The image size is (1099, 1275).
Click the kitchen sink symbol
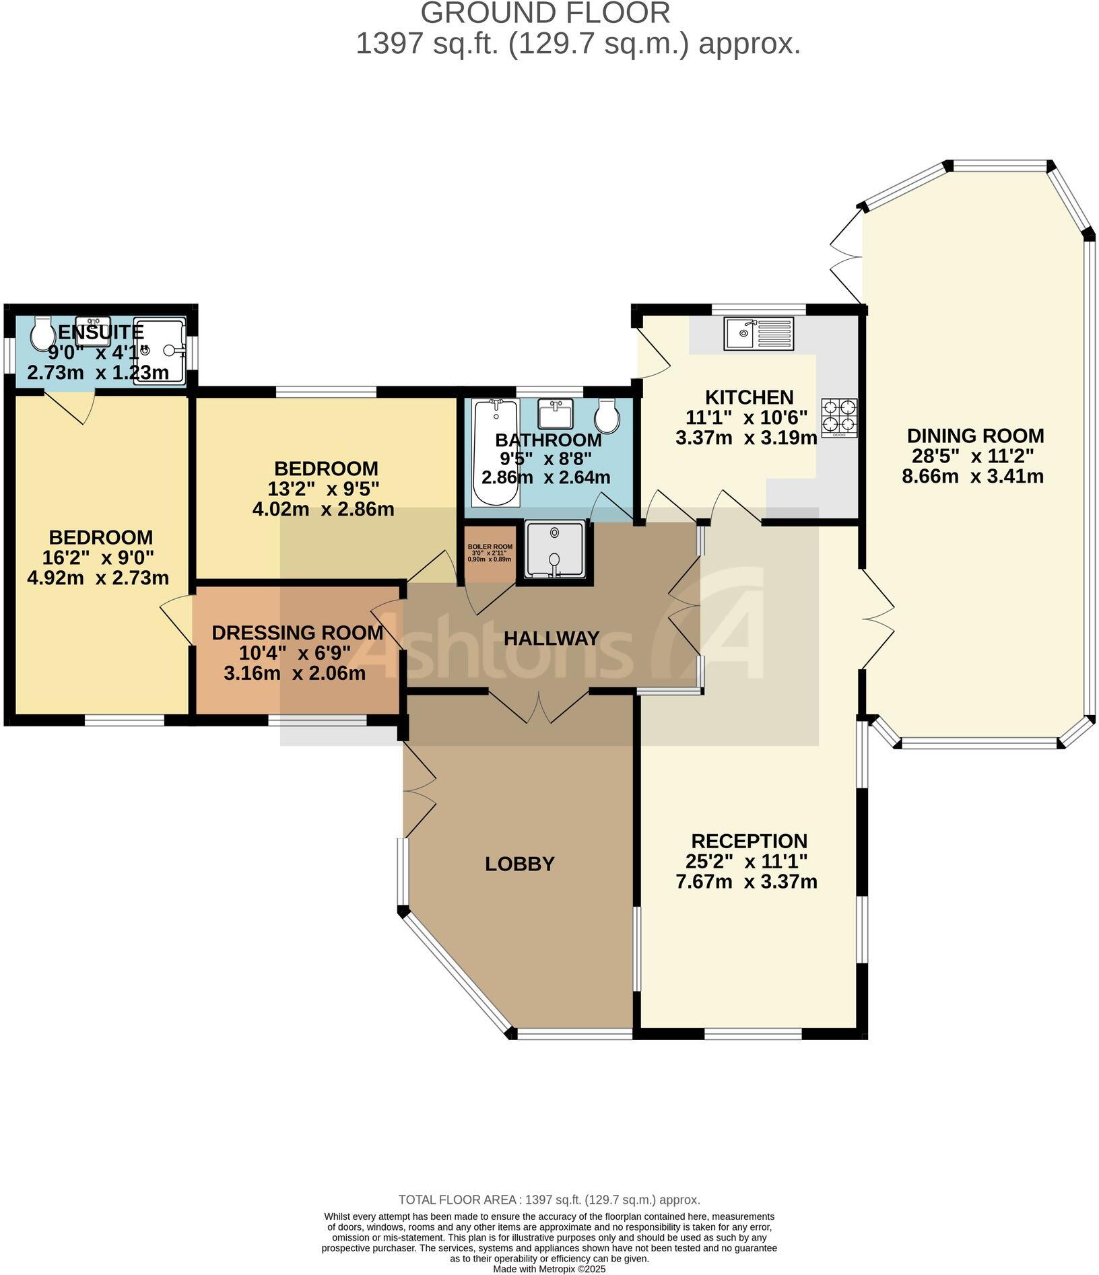coord(759,333)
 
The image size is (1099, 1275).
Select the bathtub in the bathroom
coord(496,452)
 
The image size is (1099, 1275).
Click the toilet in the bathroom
coord(607,415)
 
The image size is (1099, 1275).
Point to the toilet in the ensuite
coord(43,333)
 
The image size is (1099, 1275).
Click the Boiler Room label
coord(490,553)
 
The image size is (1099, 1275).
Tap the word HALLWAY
coord(552,638)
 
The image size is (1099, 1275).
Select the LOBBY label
coord(519,864)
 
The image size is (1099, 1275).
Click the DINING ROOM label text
coord(975,436)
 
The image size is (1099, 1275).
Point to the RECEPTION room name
coord(749,841)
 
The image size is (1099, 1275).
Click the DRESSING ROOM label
coord(297,633)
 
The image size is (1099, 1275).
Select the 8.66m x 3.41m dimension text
coord(972,477)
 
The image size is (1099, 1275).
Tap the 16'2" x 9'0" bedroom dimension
coord(100,557)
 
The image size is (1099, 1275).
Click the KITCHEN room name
coord(749,397)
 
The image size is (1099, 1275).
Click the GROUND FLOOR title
coord(545,13)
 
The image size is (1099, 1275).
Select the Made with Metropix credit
coord(549,1269)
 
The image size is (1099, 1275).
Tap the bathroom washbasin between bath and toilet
coord(556,413)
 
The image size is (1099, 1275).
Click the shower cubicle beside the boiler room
coord(555,549)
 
